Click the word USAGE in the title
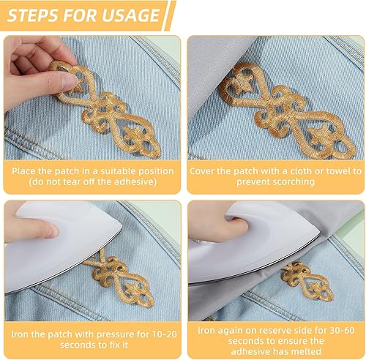click(130, 15)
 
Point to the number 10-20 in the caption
click(165, 334)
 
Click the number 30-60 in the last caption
click(342, 330)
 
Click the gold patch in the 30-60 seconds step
click(307, 280)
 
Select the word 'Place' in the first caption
click(24, 171)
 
